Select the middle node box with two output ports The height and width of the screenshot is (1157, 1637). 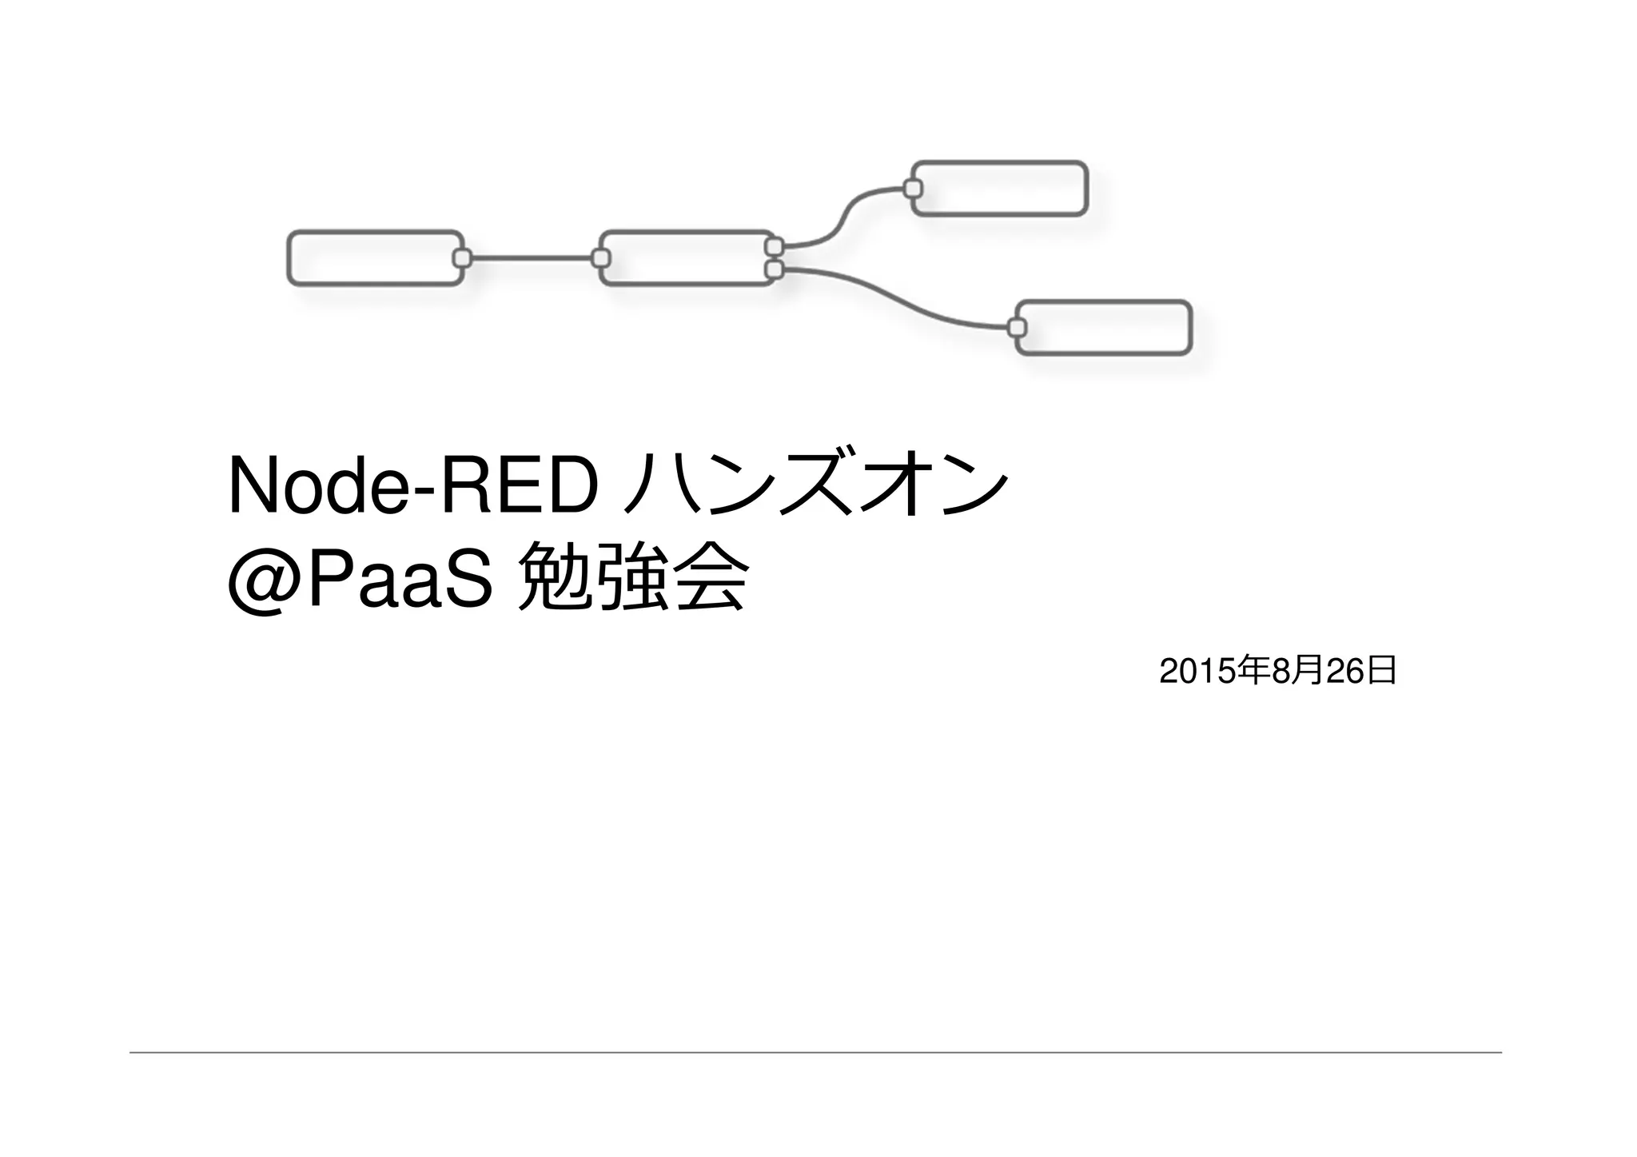pos(686,258)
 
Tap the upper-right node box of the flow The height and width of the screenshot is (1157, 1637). pos(1000,189)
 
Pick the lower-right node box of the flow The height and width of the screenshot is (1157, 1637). pos(1104,328)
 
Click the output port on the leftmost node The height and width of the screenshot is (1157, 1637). pos(462,258)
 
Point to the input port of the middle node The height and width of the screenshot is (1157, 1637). pos(601,258)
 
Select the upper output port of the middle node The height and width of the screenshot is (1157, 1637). pos(774,246)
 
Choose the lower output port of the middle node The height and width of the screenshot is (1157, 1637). pos(774,270)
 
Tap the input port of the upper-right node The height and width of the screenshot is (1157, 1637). pos(913,189)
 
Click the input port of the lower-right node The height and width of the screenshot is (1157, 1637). pos(1017,328)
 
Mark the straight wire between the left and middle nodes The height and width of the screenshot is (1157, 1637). pos(532,258)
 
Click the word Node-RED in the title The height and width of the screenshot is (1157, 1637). pos(412,487)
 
